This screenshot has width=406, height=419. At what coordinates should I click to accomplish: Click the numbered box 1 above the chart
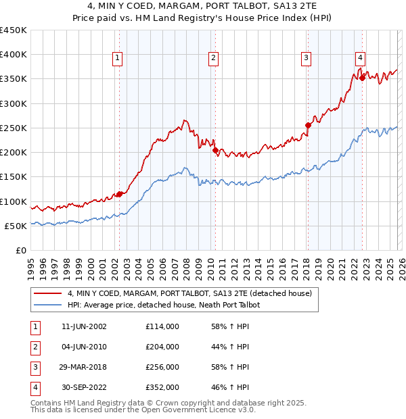(118, 59)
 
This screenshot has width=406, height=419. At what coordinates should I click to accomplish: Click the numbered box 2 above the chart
(213, 59)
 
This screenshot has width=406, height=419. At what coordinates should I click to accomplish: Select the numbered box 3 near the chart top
(307, 59)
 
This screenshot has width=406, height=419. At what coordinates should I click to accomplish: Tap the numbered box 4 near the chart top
(361, 59)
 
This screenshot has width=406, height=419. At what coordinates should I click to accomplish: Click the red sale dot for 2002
(119, 195)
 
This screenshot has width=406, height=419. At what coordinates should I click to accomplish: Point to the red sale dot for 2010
(215, 151)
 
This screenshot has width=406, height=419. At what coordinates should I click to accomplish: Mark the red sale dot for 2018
(308, 125)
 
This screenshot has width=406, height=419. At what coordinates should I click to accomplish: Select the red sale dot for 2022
(362, 78)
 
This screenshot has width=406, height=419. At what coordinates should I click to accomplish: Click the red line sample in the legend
(48, 294)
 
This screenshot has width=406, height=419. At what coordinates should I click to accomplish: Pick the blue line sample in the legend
(48, 305)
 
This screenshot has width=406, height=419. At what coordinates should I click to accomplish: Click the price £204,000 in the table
(162, 347)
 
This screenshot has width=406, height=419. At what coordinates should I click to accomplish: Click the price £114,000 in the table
(162, 326)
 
